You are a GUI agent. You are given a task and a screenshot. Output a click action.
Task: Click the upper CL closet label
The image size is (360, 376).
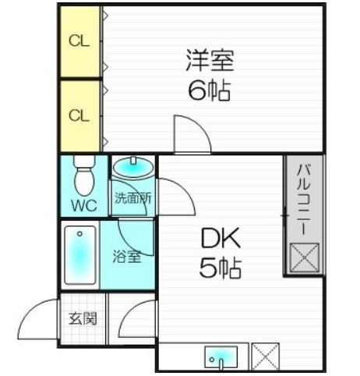(79, 41)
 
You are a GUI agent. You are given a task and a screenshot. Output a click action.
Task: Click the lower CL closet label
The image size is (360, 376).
(79, 116)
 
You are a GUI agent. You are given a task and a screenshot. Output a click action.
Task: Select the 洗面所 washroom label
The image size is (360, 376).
(133, 198)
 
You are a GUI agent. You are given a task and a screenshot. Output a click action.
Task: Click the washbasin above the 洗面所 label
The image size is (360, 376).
(133, 166)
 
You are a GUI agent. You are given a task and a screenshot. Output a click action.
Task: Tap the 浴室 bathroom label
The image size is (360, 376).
(127, 256)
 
